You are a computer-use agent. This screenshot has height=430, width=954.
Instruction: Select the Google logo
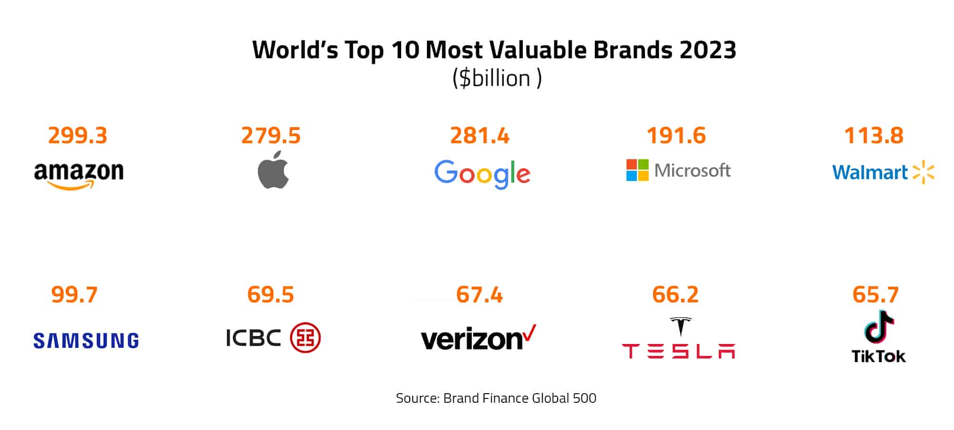[482, 173]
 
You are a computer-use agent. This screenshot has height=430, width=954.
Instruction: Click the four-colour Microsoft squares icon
[637, 170]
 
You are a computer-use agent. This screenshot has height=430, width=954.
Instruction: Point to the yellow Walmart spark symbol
[923, 172]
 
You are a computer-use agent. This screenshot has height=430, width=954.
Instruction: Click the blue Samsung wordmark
[86, 341]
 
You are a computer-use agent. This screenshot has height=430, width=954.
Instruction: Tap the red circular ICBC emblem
[305, 338]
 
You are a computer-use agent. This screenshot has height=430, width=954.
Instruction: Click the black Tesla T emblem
[680, 326]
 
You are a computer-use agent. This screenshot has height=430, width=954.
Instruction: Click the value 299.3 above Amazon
[78, 136]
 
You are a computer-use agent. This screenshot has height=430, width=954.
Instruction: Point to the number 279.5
[271, 136]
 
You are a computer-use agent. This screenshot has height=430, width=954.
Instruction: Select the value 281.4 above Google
[480, 136]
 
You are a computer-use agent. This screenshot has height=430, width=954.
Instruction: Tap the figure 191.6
[676, 136]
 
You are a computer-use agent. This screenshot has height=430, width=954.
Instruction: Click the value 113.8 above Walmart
[874, 136]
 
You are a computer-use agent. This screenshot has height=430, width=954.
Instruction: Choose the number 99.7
[74, 294]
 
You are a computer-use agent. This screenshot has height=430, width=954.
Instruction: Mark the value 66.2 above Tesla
[675, 294]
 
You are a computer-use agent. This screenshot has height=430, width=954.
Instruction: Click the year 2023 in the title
[708, 50]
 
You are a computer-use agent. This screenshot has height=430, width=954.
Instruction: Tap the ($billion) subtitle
[497, 78]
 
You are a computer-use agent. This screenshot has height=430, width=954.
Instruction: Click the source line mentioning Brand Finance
[496, 398]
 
